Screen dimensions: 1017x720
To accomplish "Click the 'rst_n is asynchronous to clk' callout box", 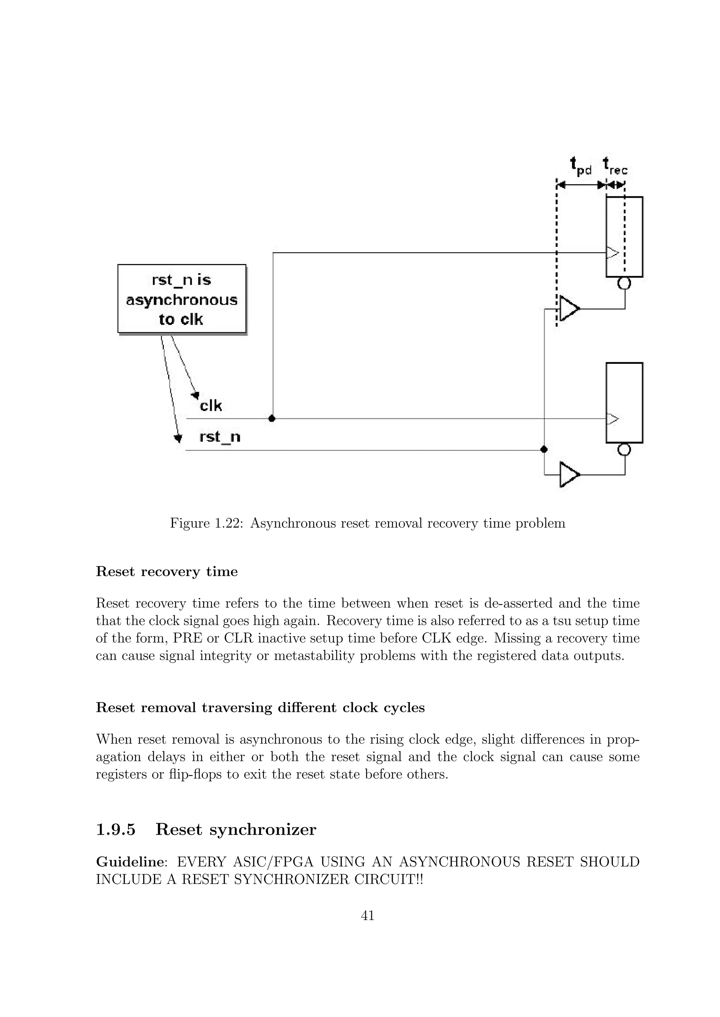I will click(181, 298).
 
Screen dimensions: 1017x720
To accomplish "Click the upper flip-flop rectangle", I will click(624, 237).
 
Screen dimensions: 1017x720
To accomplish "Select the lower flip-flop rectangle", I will click(624, 402).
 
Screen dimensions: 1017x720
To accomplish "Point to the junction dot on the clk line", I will click(272, 418).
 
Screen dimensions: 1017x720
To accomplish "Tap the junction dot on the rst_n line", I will click(544, 450).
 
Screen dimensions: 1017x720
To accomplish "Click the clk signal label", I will click(211, 405).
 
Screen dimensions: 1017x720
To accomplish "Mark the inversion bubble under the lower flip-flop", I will click(624, 450).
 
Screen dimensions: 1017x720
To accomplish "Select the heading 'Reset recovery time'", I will click(167, 572).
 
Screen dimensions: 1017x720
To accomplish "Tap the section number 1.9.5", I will click(116, 829).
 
